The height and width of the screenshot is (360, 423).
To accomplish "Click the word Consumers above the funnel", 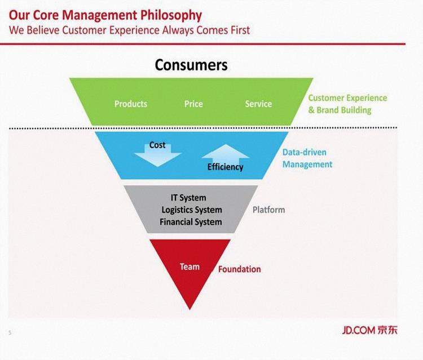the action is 191,65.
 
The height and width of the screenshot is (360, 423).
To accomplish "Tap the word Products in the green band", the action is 131,104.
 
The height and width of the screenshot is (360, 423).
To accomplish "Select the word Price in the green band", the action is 193,104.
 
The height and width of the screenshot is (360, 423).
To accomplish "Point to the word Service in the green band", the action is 258,104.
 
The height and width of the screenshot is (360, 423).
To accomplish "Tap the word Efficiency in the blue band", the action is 225,167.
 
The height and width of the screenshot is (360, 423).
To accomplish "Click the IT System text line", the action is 188,198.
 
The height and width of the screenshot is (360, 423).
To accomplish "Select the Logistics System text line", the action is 192,210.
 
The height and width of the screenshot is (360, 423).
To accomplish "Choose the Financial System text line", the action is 191,222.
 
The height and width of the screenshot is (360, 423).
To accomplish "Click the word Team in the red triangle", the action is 190,267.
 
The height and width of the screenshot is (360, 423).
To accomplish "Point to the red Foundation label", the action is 240,269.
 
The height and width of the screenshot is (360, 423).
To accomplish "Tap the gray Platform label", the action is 268,210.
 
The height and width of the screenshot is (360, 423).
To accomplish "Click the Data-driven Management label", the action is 307,158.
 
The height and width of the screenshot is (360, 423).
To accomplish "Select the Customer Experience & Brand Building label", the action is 347,104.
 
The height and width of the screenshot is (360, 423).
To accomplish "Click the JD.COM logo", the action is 369,330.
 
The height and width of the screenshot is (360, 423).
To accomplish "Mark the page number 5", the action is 10,332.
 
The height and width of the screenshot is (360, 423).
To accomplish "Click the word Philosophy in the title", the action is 171,16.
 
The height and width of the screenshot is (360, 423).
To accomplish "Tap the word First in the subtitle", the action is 240,30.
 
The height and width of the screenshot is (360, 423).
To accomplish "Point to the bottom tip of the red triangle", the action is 190,310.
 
